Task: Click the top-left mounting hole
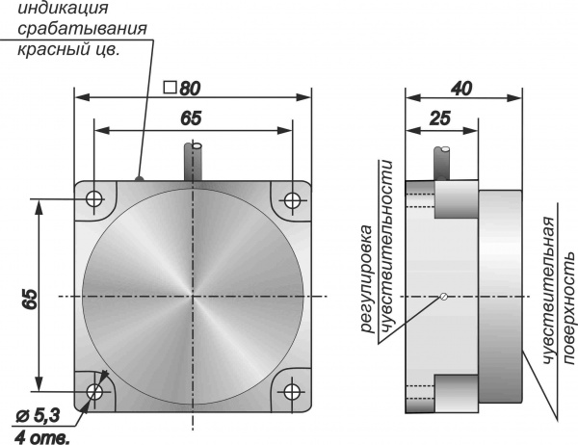[94, 199]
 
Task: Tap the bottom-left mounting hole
[94, 392]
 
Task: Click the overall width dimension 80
[189, 88]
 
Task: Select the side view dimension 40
[462, 88]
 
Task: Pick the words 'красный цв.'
[68, 49]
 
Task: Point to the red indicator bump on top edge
[140, 177]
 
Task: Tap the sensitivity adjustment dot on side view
[442, 297]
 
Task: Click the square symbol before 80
[170, 88]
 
